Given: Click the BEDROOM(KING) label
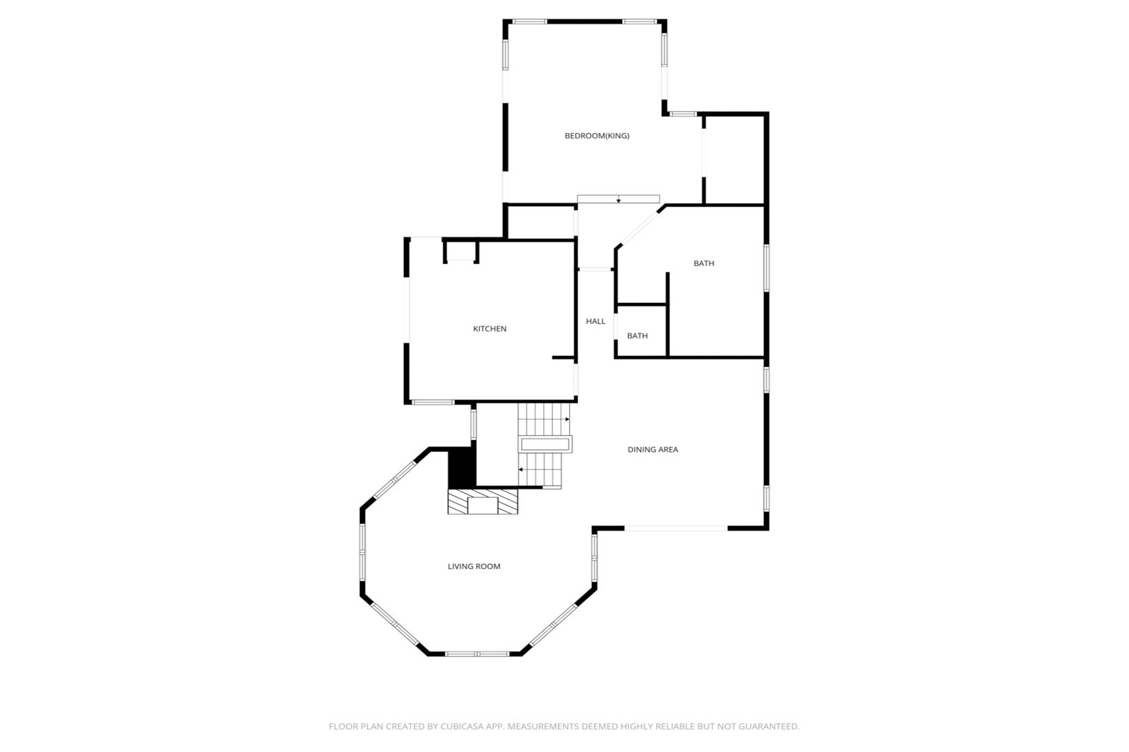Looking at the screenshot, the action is (597, 136).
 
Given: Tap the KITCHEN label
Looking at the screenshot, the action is (490, 329).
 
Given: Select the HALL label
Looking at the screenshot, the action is (595, 321).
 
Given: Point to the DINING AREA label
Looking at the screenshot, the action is (653, 450).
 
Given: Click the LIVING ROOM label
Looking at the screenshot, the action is (474, 567).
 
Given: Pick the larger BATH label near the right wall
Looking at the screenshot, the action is (703, 263).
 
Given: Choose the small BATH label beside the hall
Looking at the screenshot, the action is (637, 336).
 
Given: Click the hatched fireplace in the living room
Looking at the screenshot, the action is (483, 501).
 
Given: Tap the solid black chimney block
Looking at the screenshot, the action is (462, 469).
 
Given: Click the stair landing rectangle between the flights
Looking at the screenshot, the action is (545, 444).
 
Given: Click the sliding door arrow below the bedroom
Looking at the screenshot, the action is (618, 200).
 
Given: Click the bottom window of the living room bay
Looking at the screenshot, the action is (477, 654).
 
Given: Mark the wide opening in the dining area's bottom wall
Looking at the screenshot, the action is (676, 528).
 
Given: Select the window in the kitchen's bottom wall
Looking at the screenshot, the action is (433, 402).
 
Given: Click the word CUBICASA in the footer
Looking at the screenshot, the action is (462, 726).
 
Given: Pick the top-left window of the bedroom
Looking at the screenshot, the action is (529, 22).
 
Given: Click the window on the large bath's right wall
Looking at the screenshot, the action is (766, 268).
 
